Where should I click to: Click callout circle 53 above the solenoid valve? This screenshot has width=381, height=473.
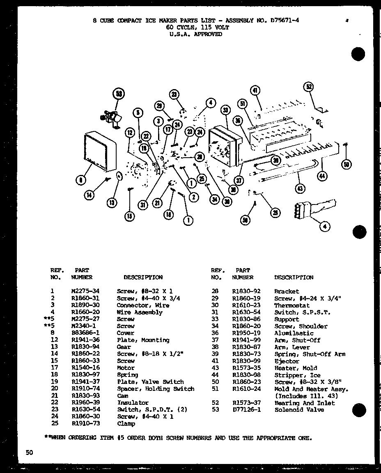pos(119,94)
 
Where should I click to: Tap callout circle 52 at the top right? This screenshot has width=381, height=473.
pos(309,87)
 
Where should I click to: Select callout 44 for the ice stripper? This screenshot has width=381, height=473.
pos(322,177)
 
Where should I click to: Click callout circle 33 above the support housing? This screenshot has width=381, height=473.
pos(225,110)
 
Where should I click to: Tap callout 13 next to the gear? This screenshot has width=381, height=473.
pos(111,202)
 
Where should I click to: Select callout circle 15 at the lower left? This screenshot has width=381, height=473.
pos(130,216)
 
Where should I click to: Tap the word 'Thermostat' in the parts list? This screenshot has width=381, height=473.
pos(292,305)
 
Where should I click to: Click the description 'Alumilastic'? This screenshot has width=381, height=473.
pos(294,333)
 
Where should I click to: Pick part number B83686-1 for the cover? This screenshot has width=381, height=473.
pos(85,333)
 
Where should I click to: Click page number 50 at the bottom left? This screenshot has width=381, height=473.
pos(29,452)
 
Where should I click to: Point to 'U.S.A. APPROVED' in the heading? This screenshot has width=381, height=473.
pos(195,34)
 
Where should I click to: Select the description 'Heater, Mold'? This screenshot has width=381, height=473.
pos(296,368)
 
